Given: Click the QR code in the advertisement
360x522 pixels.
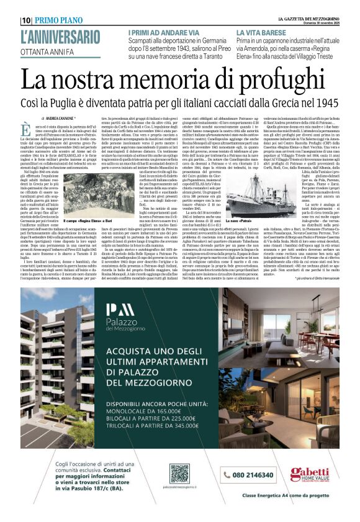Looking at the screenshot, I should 179,472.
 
